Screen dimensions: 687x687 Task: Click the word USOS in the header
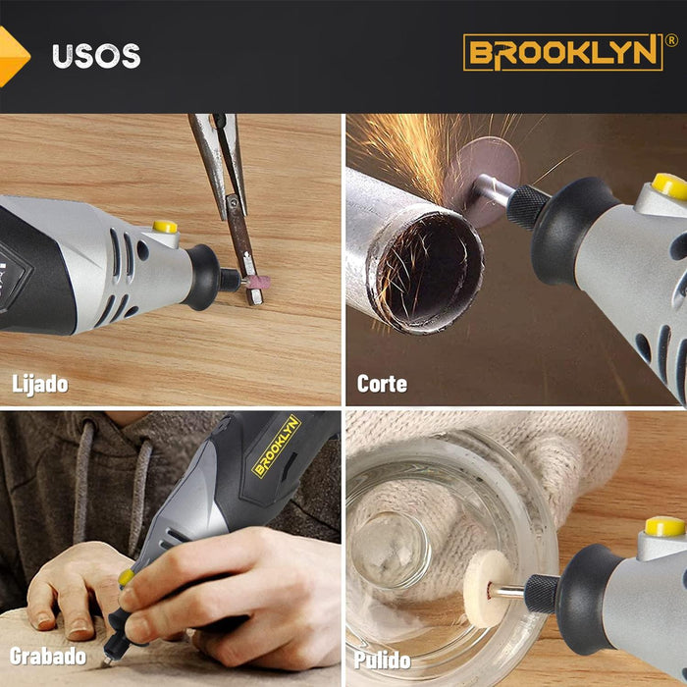tap(96, 56)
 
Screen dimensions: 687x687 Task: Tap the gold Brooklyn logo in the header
tap(563, 52)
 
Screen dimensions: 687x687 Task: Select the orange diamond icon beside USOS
tap(13, 56)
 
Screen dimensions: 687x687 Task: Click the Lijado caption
tap(40, 385)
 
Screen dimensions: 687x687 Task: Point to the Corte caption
tap(382, 384)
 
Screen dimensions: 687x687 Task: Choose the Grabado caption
tap(48, 656)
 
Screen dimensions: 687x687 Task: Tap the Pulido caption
tap(382, 660)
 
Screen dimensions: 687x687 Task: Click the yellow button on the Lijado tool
tap(165, 227)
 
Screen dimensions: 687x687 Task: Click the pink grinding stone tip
tap(258, 282)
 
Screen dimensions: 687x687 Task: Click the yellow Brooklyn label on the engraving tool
tap(277, 446)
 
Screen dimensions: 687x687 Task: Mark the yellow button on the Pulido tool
tap(664, 526)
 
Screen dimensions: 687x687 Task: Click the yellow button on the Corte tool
tap(670, 186)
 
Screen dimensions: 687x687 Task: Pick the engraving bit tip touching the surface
tap(105, 662)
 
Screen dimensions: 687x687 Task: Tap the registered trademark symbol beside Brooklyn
tap(671, 40)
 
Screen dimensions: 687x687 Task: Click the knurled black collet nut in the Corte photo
tap(527, 207)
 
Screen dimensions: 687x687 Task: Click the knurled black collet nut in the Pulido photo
tap(542, 594)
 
